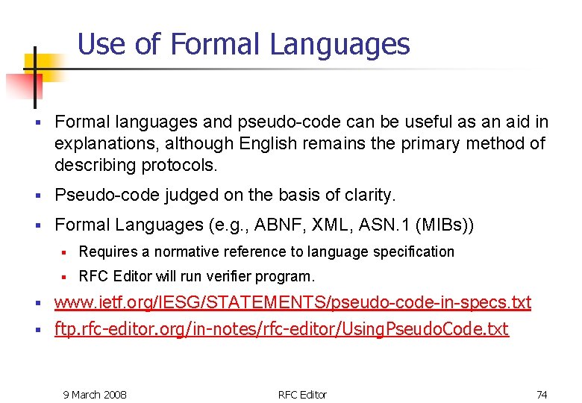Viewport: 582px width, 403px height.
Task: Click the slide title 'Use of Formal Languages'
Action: tap(243, 44)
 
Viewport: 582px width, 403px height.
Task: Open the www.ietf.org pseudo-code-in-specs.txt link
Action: tap(292, 303)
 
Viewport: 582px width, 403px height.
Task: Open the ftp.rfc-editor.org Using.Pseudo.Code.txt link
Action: tap(281, 329)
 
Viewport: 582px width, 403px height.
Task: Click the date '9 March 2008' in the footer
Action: tap(95, 394)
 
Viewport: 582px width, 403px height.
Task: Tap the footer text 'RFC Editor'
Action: tap(302, 394)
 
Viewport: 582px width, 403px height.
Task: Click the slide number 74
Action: tap(542, 394)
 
